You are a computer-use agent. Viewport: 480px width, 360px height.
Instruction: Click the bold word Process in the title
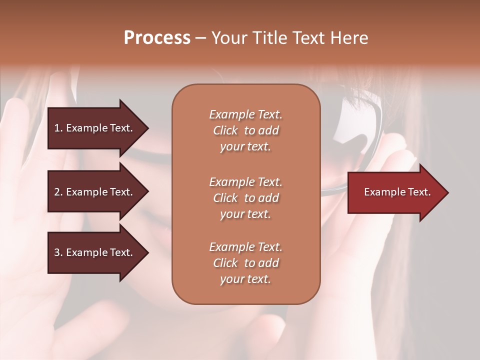(x=157, y=38)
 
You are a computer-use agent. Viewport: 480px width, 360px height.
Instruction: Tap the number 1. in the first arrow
(x=58, y=128)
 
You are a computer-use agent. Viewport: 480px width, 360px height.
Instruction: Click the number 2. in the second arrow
(x=58, y=192)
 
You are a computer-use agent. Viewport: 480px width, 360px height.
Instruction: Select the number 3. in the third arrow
(x=58, y=252)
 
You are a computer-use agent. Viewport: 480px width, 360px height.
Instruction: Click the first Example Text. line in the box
(x=245, y=114)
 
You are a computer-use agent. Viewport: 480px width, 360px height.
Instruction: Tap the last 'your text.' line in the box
(x=245, y=279)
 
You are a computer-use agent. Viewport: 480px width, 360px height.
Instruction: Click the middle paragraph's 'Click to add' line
(x=245, y=198)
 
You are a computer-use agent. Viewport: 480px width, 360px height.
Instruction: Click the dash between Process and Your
(x=200, y=38)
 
